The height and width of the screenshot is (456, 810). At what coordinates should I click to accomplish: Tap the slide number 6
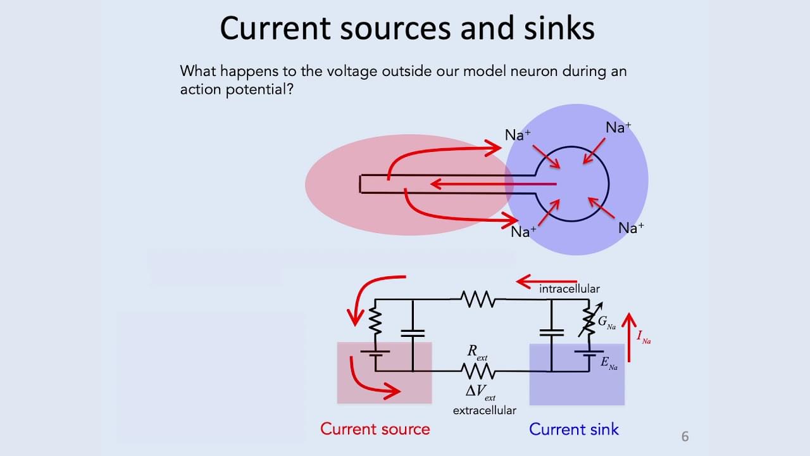coord(685,436)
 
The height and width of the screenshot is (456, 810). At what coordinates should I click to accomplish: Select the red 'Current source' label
coord(375,429)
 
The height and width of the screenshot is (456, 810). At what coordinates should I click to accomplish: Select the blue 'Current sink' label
coord(573,429)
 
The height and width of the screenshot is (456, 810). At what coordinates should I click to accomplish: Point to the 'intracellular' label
coord(569,289)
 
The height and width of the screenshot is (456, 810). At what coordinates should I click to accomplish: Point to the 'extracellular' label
coord(484,410)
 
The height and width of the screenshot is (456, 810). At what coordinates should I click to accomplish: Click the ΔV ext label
coord(480,392)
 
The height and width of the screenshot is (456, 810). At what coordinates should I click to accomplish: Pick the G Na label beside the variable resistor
coord(606,324)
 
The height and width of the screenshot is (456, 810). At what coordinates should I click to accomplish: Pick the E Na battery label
coord(607,364)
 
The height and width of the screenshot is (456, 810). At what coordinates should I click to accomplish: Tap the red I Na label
coord(644,336)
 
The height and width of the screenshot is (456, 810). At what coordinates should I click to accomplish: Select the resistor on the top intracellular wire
coord(478,299)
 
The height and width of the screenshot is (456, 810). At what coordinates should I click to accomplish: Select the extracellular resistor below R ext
coord(478,370)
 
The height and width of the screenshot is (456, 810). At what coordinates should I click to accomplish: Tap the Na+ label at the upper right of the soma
coord(618,127)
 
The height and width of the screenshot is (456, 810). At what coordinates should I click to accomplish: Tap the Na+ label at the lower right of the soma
coord(630,228)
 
